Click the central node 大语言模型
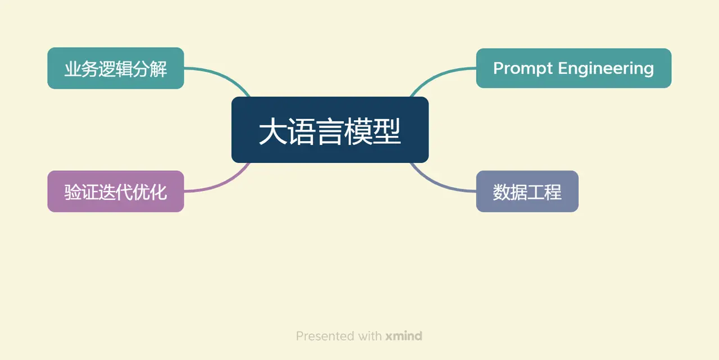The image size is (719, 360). (330, 130)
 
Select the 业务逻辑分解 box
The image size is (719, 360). (115, 68)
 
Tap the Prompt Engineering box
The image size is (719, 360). (574, 68)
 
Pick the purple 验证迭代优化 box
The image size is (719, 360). (115, 192)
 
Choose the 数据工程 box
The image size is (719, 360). (527, 192)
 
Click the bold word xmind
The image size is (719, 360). (403, 336)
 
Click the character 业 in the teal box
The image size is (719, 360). (72, 69)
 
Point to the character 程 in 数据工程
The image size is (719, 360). (553, 192)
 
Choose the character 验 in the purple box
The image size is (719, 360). (72, 192)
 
